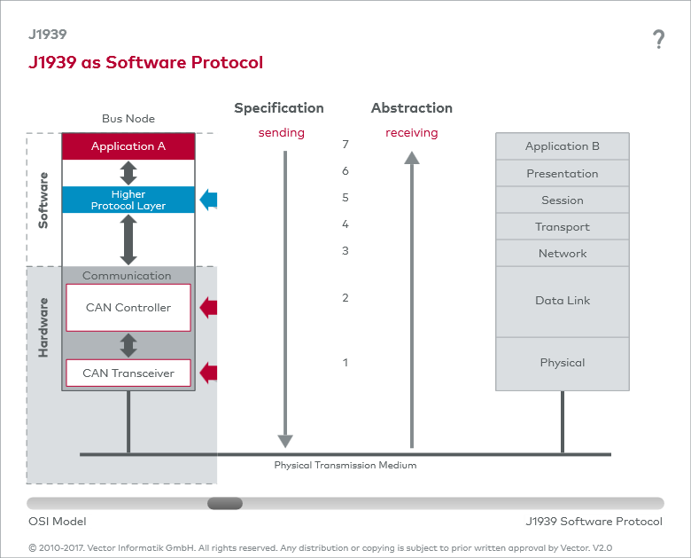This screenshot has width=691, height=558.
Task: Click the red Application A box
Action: [128, 146]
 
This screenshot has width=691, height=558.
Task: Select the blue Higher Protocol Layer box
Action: [128, 200]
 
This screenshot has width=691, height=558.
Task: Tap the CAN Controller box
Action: [128, 308]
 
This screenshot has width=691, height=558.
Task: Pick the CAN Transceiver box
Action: [128, 373]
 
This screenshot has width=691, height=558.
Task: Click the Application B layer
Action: [563, 146]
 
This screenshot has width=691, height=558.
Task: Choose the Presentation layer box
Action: [563, 173]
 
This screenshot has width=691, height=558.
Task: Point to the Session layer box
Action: [563, 200]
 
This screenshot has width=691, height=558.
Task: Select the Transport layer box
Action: [563, 226]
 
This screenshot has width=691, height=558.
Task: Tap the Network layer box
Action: [563, 253]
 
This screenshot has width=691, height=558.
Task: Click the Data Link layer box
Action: [563, 301]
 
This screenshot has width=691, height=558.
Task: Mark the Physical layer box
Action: [563, 363]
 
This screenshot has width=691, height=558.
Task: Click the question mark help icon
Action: [658, 39]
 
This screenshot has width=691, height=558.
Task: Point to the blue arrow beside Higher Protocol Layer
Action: [208, 200]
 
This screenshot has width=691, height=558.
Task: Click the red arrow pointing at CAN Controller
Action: [208, 308]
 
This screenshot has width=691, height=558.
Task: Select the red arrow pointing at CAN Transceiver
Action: [208, 373]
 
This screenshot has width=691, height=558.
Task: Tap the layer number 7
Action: [345, 144]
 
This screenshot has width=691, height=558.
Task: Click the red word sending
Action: [282, 133]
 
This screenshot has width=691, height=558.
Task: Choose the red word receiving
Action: [412, 133]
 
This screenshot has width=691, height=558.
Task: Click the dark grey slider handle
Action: [225, 503]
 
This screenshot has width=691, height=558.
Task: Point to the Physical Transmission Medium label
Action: [345, 465]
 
